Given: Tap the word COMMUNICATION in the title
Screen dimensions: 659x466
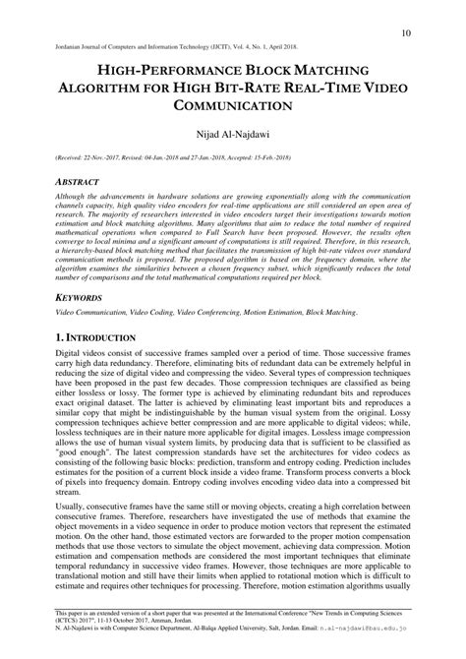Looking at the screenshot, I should (x=232, y=104).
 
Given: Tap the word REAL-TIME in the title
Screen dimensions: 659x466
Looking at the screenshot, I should (x=322, y=88).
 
